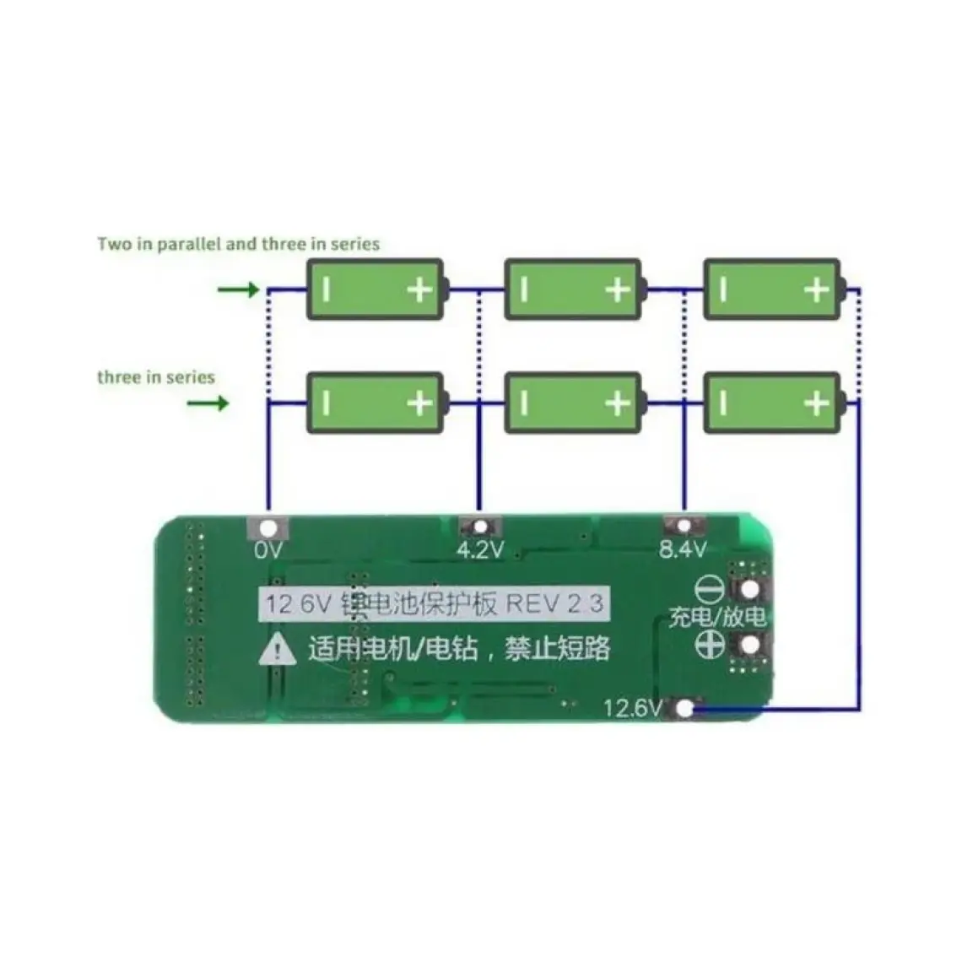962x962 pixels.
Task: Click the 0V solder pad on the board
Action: click(x=268, y=529)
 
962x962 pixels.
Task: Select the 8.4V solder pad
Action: click(x=684, y=527)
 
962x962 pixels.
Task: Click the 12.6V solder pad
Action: click(x=686, y=708)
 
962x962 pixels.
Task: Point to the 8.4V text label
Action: click(x=683, y=551)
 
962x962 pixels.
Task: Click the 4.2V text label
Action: click(x=479, y=551)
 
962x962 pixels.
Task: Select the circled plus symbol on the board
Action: click(x=711, y=645)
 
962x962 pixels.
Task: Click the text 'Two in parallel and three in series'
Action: click(x=239, y=245)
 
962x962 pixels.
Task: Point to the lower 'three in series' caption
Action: click(x=156, y=377)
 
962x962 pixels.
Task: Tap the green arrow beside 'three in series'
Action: click(x=208, y=403)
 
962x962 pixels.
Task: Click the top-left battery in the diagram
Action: click(x=375, y=289)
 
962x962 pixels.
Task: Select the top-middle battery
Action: click(x=574, y=289)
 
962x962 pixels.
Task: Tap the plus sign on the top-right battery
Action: click(x=816, y=290)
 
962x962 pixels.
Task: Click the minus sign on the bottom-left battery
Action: click(x=327, y=403)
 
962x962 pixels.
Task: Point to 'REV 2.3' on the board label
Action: click(x=554, y=604)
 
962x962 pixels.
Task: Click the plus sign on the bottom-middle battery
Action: click(x=618, y=403)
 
